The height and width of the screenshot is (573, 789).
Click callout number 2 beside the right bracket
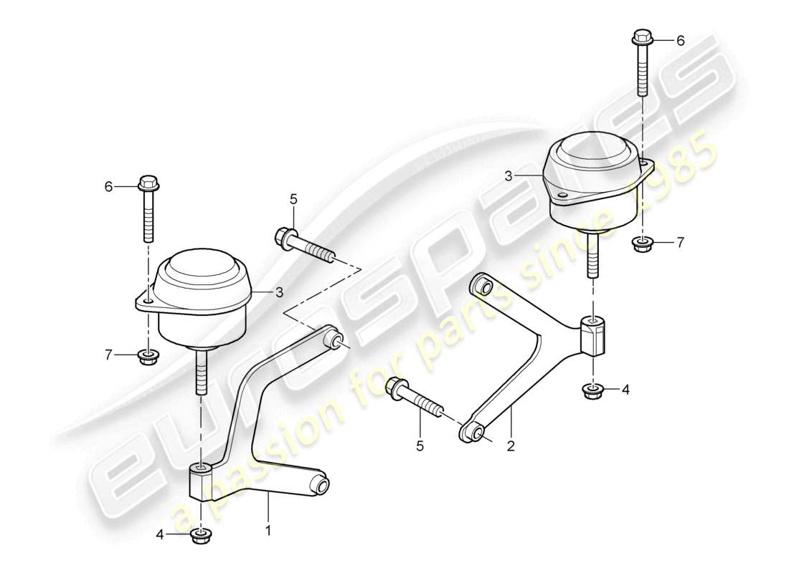[x=511, y=446]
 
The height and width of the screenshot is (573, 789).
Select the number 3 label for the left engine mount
[x=279, y=292]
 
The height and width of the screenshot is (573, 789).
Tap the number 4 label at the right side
[x=625, y=390]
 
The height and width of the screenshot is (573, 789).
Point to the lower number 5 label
[x=420, y=446]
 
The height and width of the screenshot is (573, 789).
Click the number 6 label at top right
[x=681, y=42]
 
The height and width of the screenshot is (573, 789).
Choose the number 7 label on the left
[x=110, y=355]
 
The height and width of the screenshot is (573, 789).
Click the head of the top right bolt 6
[x=641, y=37]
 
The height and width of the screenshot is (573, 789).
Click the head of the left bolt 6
[x=148, y=183]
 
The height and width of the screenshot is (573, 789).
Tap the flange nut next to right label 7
[x=642, y=244]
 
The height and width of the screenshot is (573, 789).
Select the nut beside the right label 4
[x=593, y=391]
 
